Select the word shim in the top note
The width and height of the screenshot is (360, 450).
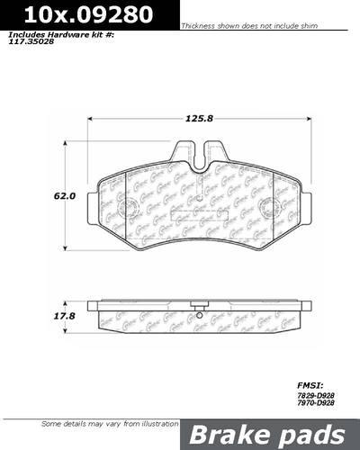coord(333,28)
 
